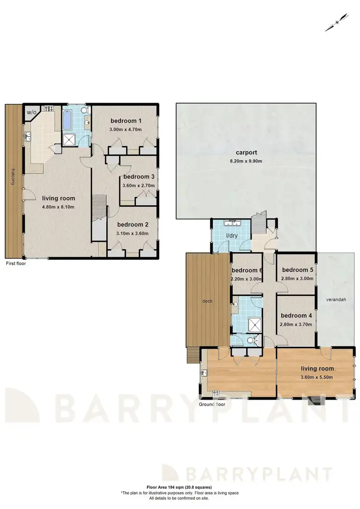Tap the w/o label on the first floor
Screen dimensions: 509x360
coord(32,113)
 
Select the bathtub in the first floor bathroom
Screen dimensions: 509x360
coord(67,120)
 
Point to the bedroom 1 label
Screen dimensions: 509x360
coord(124,120)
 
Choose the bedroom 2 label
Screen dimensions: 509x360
coord(131,225)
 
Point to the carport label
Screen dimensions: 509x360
coord(245,153)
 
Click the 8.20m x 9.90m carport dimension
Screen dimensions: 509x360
coord(245,161)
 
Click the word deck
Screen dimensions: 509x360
coord(207,301)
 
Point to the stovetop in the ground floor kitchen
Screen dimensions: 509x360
coord(216,393)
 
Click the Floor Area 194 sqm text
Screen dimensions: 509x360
coord(180,486)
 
